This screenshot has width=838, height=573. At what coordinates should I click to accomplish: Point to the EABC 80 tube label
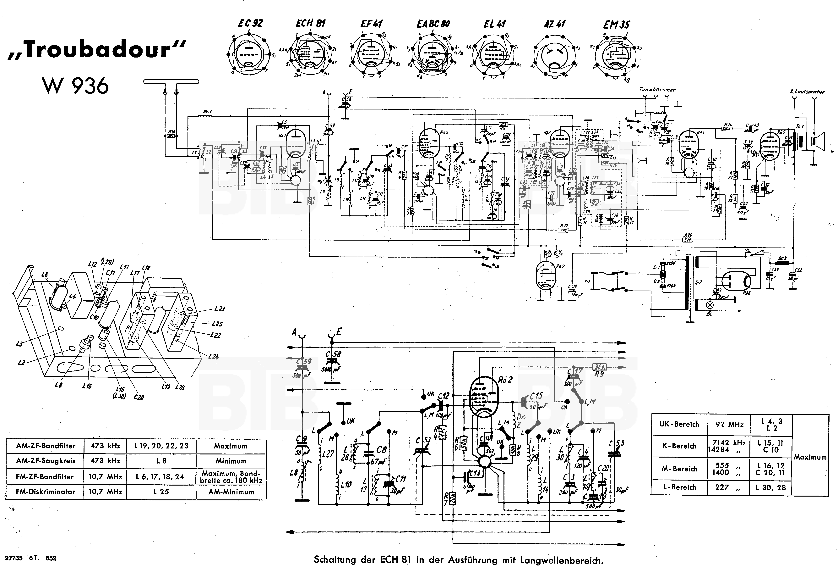tap(433, 24)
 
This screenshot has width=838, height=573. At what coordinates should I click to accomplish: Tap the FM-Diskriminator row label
tap(45, 492)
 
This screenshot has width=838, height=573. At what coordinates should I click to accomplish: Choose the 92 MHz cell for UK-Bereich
tap(729, 424)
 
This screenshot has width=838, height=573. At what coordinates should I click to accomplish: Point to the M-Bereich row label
tap(679, 469)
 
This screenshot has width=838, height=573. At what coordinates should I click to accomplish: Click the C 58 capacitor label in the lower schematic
tap(334, 354)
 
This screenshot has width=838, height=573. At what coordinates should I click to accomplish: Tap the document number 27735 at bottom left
tap(14, 558)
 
